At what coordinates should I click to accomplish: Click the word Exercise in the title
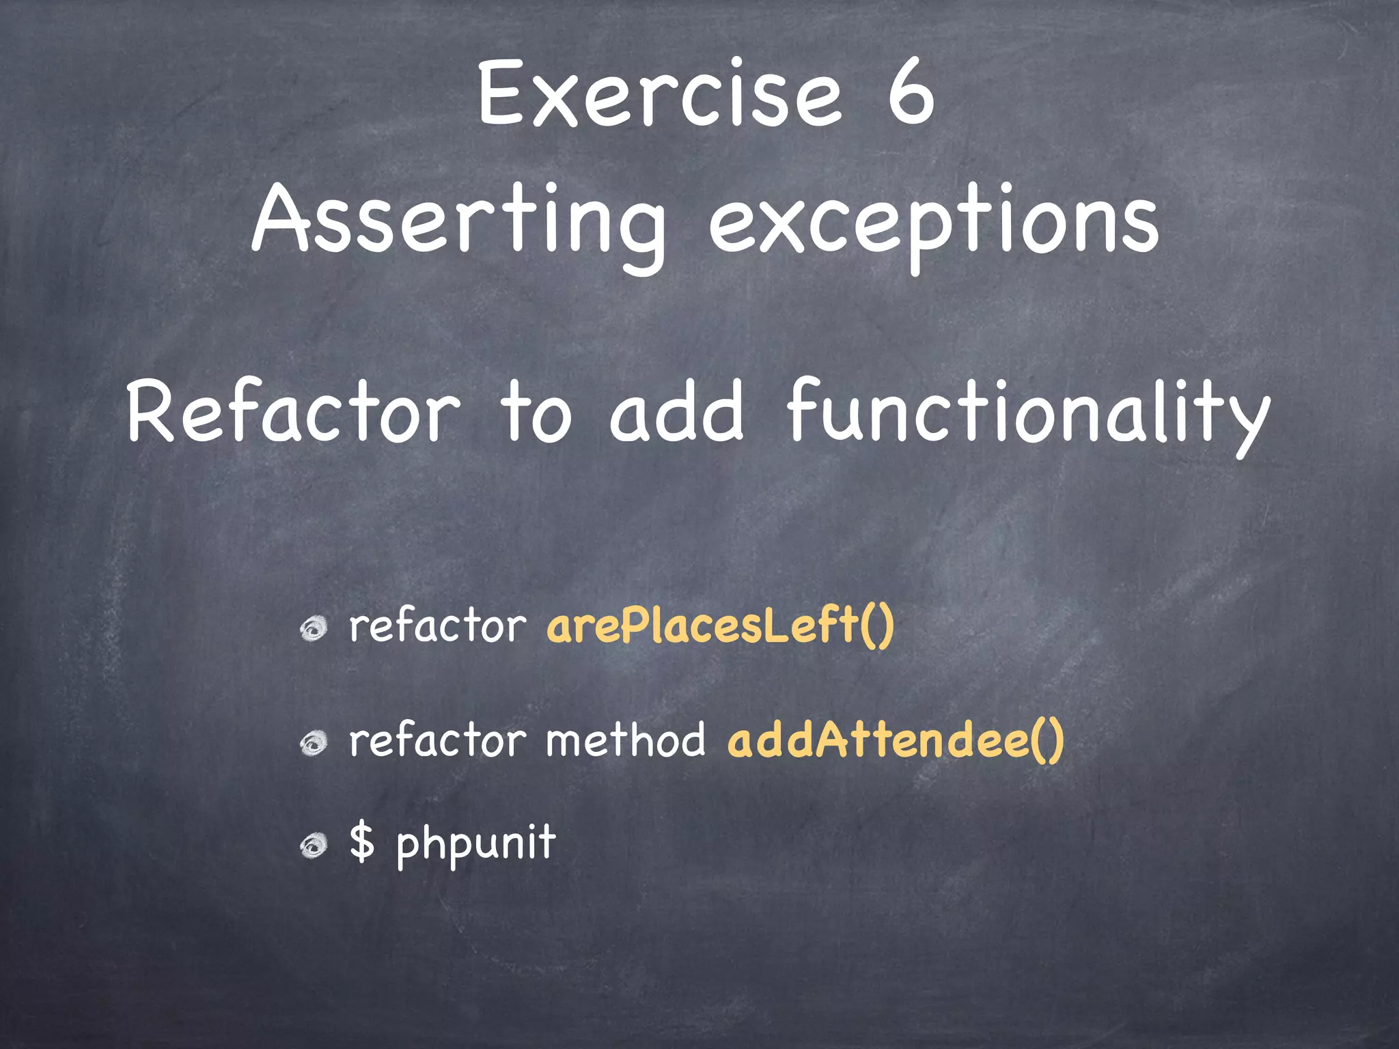click(659, 94)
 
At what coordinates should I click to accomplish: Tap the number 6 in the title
click(911, 94)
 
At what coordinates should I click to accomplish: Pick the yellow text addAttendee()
click(896, 740)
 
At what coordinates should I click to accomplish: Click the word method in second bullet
click(625, 740)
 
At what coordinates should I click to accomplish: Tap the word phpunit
click(476, 843)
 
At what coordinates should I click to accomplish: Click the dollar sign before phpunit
click(362, 841)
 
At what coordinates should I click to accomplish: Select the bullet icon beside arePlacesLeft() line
click(314, 628)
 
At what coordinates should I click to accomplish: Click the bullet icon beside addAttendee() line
click(314, 743)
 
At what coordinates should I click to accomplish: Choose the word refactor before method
click(437, 740)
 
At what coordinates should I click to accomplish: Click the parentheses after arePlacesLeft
click(877, 627)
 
